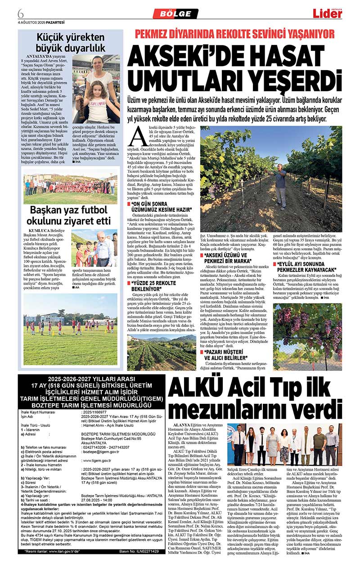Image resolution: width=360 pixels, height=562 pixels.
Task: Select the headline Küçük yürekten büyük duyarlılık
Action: coord(72,42)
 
